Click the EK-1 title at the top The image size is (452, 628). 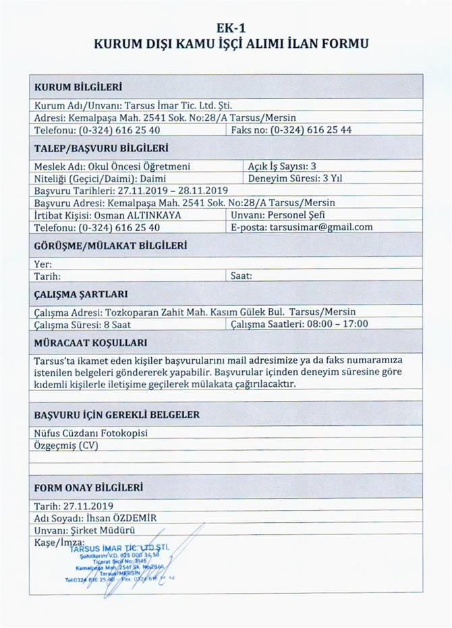(226, 28)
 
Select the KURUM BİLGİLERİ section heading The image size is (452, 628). (78, 87)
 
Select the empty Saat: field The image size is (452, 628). (241, 276)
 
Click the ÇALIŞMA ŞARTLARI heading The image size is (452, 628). (81, 294)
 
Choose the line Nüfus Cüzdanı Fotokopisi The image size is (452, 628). (90, 433)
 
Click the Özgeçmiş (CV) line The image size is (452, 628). (66, 446)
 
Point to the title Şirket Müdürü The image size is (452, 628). (95, 530)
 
